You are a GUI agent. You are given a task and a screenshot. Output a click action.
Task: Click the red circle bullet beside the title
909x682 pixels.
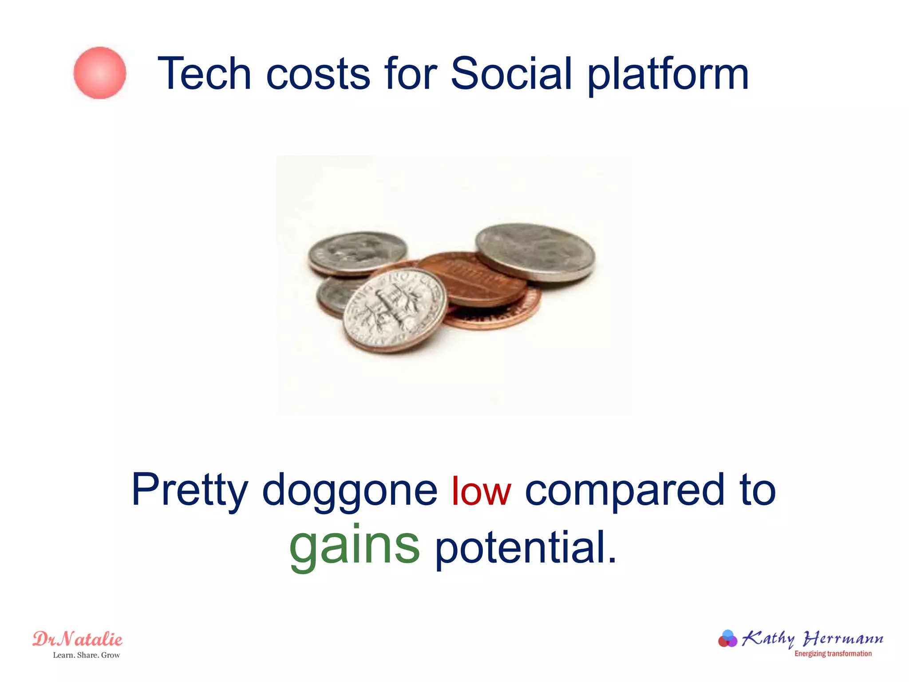tap(100, 73)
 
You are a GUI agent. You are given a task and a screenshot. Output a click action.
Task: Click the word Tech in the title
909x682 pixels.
tap(204, 74)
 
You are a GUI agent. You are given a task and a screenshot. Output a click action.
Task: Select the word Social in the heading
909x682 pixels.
tap(511, 74)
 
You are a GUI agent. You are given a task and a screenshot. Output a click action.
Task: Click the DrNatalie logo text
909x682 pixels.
tap(78, 639)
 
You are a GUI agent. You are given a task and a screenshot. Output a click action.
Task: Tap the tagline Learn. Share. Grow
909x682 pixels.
tap(87, 655)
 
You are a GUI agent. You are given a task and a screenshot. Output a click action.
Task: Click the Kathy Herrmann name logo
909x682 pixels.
tap(812, 639)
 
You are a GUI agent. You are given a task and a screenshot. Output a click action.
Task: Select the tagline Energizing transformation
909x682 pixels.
tap(833, 654)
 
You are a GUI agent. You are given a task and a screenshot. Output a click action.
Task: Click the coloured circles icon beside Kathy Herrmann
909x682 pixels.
tap(727, 639)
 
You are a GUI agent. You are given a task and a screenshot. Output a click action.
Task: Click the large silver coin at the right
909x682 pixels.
tap(535, 251)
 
